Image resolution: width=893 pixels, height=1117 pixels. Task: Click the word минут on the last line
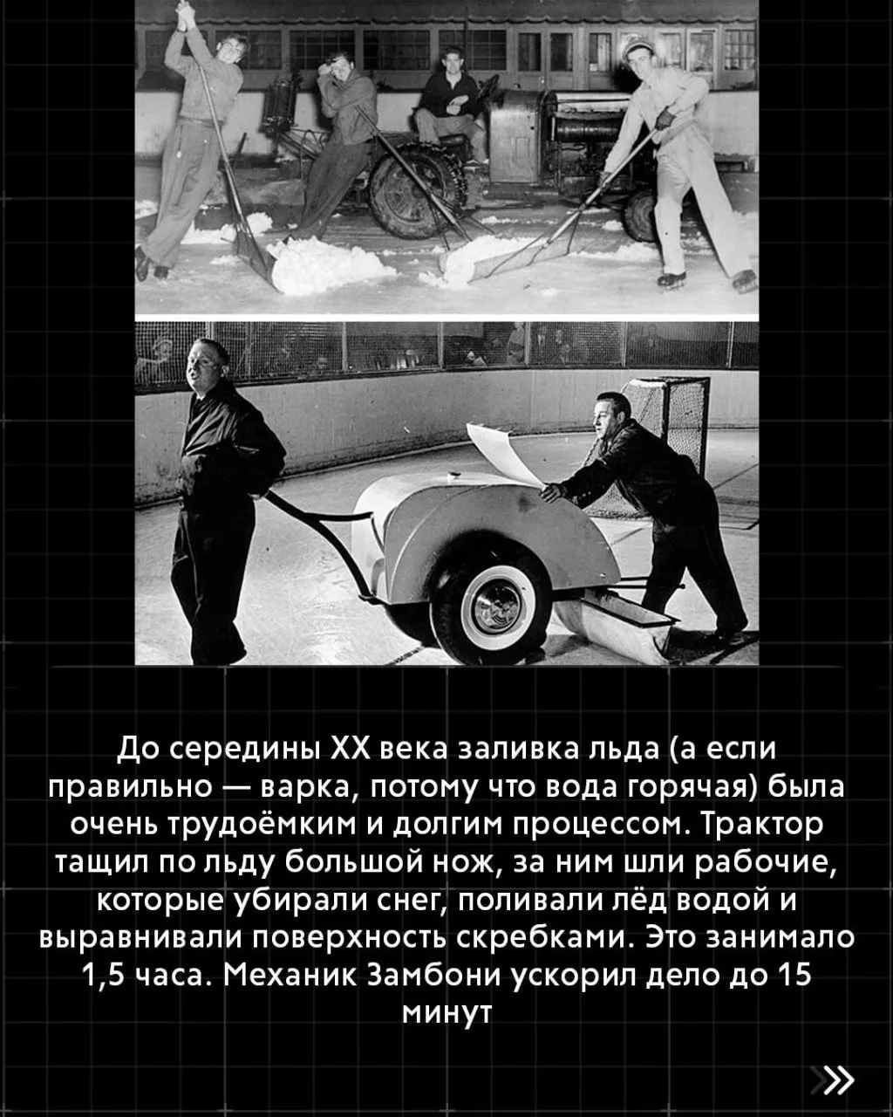tap(446, 1013)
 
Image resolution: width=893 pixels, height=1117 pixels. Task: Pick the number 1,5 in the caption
tap(103, 976)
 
